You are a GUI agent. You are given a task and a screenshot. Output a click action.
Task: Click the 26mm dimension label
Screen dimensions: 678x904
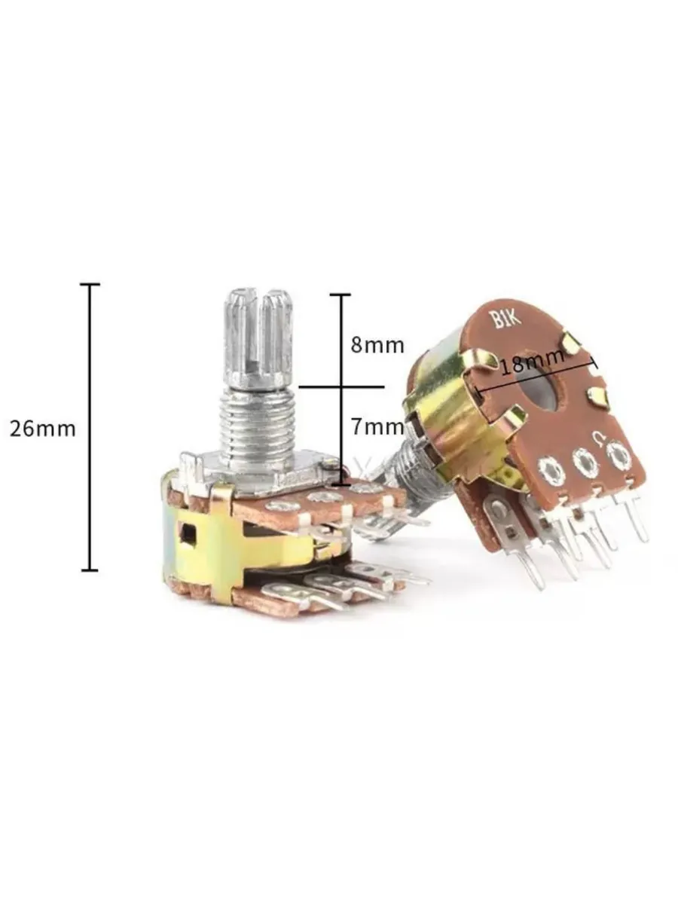[43, 429]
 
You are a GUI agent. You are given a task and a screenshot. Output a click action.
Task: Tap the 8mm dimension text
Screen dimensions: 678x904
[377, 345]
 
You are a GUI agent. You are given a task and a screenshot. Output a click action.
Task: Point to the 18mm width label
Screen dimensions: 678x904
[533, 361]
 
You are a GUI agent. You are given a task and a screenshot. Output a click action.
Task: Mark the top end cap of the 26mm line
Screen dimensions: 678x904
[90, 284]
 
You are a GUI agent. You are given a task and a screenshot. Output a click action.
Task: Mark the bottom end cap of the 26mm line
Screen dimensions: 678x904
[90, 570]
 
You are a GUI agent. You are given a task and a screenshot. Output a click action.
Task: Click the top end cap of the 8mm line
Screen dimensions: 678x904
[341, 295]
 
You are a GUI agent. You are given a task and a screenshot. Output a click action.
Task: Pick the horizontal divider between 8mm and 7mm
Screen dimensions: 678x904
[341, 387]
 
